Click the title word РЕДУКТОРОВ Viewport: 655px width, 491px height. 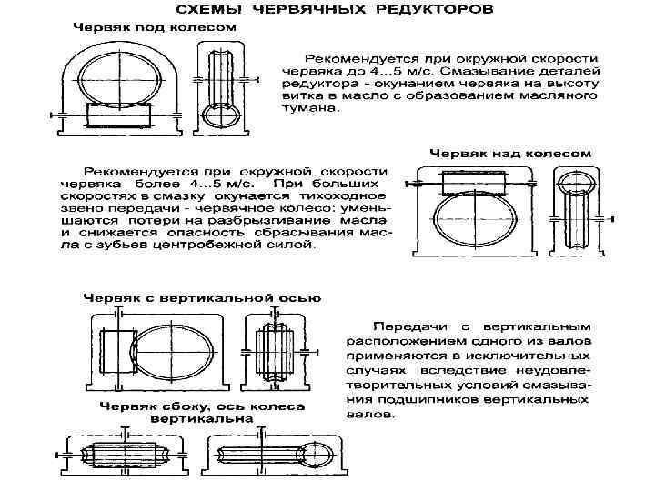(435, 13)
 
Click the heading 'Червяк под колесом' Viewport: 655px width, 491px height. (155, 28)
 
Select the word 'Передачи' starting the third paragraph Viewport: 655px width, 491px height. (408, 326)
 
